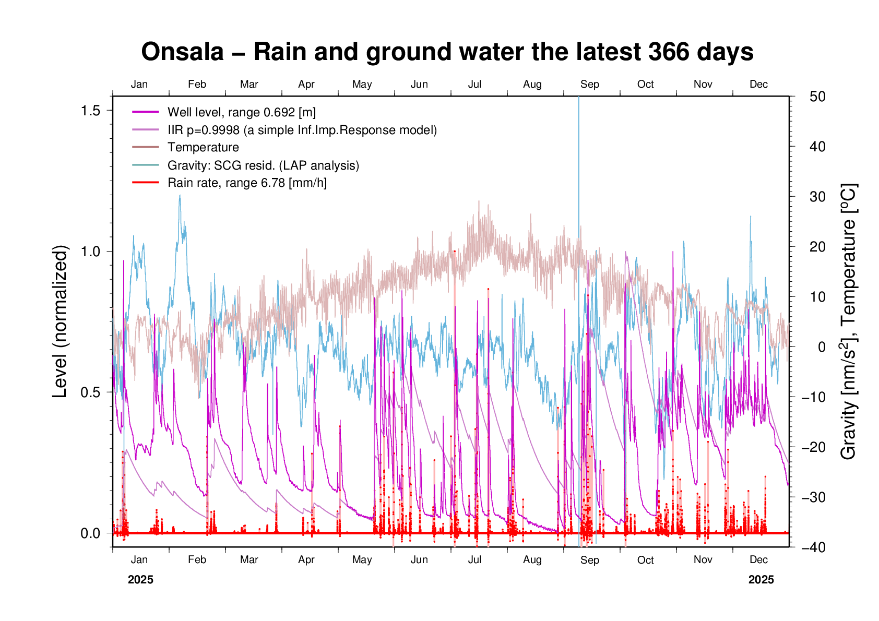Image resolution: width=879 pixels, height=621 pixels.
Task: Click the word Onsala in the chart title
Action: (182, 52)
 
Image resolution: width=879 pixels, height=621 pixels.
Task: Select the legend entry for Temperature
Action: (203, 148)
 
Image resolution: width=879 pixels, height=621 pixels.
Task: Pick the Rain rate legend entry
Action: (247, 183)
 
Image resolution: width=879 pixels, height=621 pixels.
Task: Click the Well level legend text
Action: (241, 112)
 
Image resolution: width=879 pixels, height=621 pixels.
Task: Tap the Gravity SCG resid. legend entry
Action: (263, 165)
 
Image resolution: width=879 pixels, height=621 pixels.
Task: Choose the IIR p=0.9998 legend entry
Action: (302, 130)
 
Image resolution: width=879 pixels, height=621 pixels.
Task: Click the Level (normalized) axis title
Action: (61, 321)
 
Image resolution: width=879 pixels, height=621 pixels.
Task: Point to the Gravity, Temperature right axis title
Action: (849, 321)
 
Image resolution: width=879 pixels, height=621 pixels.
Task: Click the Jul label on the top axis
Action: (474, 85)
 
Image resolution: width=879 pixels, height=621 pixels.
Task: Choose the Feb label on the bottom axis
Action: (197, 560)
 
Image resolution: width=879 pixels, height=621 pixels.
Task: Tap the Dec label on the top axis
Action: (758, 85)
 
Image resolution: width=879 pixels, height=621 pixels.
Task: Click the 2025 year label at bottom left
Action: (140, 580)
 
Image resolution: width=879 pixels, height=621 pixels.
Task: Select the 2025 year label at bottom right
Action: (761, 580)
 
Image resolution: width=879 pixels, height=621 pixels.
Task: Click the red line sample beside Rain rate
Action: (145, 183)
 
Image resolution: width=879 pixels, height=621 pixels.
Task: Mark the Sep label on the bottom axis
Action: (590, 560)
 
